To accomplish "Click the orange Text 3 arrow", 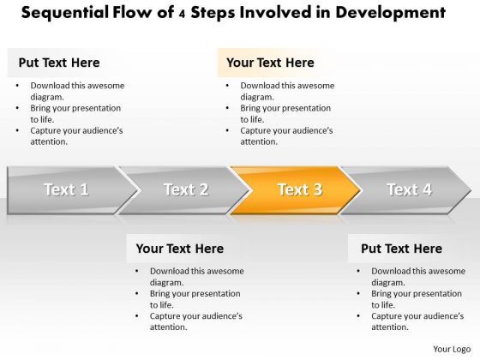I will click(x=296, y=189).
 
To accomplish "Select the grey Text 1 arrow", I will click(x=65, y=189).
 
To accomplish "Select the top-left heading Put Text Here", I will click(x=58, y=63).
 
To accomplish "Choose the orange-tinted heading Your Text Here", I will click(x=270, y=63).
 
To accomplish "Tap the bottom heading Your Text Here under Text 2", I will click(x=180, y=249).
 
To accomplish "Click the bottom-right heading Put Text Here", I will click(x=401, y=249).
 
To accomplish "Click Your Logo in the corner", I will click(x=451, y=348).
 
